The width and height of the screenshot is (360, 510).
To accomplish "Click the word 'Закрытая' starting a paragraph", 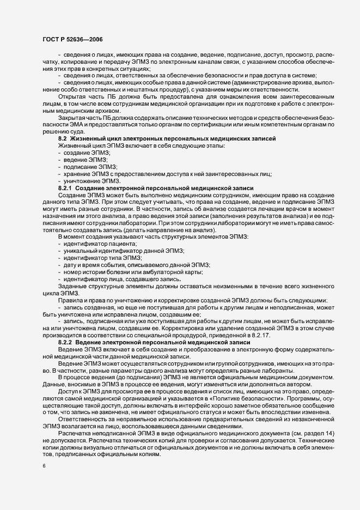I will [x=72, y=117].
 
